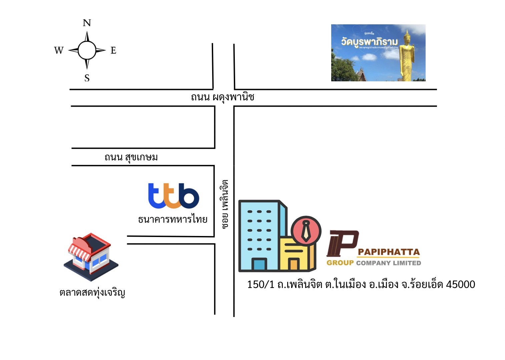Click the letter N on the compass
pos(87,23)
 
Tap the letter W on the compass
pos(59,50)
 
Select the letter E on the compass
pos(113,50)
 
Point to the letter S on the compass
pos(87,78)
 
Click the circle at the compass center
pos(87,50)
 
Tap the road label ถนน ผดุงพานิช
pos(222,97)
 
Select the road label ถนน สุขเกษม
pos(131,157)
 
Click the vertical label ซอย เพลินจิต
pos(225,204)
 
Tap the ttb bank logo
pos(173,196)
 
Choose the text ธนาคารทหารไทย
pos(173,219)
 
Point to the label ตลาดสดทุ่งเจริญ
pos(92,293)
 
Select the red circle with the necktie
pos(306,231)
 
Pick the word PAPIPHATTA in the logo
pos(389,252)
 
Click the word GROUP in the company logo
pos(340,263)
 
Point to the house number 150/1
pos(261,284)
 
